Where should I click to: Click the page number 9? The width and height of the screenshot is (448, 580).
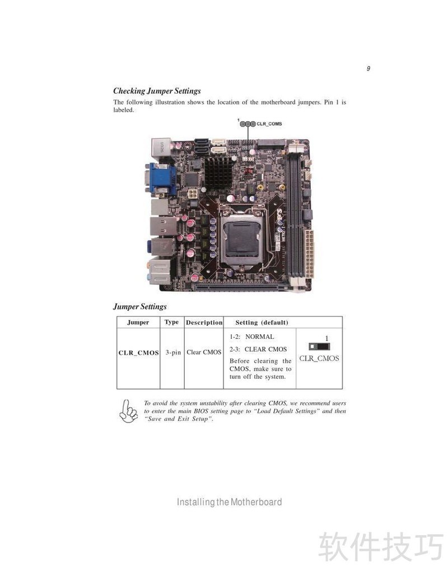[x=368, y=68]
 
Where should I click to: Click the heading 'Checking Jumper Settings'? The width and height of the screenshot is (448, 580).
[x=157, y=91]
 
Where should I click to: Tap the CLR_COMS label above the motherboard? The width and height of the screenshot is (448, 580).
[x=269, y=124]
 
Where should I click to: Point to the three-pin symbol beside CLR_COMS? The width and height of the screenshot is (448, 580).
[x=248, y=124]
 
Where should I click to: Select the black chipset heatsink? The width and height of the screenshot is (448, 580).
[x=218, y=173]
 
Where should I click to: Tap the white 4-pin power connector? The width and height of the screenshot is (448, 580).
[x=193, y=194]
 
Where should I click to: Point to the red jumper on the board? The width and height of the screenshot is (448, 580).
[x=249, y=171]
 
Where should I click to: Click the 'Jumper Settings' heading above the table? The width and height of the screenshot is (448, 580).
[x=140, y=307]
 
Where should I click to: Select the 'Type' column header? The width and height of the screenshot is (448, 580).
[x=172, y=322]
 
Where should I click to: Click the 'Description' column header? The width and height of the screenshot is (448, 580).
[x=204, y=323]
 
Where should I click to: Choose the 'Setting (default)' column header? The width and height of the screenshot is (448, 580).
[x=262, y=323]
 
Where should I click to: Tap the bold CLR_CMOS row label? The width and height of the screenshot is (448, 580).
[x=138, y=353]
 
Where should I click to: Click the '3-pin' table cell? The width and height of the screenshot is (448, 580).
[x=173, y=352]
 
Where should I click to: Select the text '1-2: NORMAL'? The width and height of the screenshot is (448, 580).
[x=252, y=337]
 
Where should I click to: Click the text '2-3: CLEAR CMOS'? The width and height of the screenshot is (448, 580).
[x=258, y=349]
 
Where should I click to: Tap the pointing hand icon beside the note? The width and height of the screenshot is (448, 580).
[x=128, y=411]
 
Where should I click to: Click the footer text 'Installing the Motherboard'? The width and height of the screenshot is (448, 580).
[x=230, y=502]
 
